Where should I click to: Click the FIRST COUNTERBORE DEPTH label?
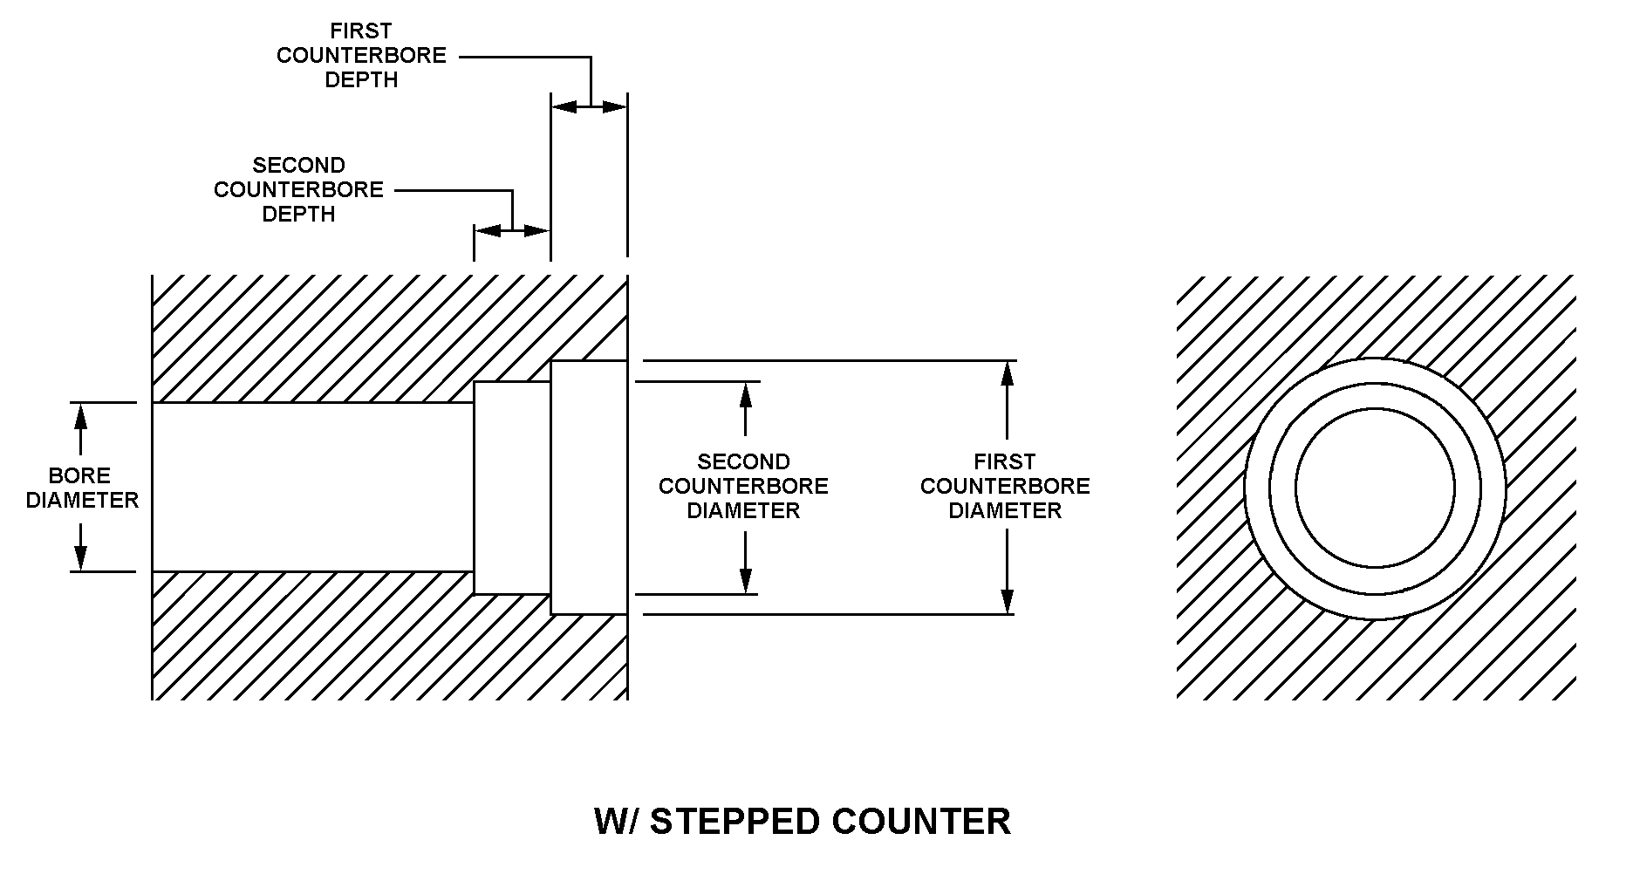tap(361, 56)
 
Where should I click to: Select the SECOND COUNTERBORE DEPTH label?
tap(298, 189)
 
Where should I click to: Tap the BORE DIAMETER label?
tap(82, 488)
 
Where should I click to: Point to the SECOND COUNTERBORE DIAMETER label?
tap(743, 486)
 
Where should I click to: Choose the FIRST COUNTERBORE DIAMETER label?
tap(1005, 486)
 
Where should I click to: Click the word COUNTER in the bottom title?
tap(921, 822)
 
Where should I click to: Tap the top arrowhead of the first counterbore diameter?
tap(1008, 372)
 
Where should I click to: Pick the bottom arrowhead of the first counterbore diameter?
tap(1008, 602)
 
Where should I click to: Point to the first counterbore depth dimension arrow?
tap(590, 107)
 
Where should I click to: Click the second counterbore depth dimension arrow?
tap(512, 231)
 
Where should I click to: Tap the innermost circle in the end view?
tap(1375, 488)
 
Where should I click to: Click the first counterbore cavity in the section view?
tap(589, 487)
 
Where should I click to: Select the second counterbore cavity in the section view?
tap(512, 487)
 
